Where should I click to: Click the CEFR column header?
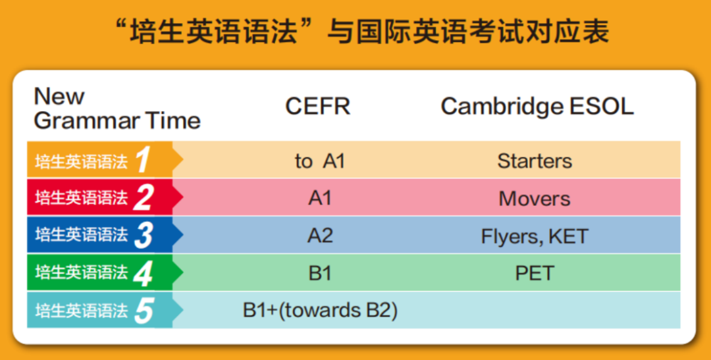click(318, 107)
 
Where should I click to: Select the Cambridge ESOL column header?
click(537, 107)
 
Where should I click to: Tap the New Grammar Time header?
click(117, 109)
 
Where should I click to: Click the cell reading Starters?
click(535, 161)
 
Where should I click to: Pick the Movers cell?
click(535, 199)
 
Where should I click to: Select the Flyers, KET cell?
click(535, 236)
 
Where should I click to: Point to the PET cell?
click(535, 273)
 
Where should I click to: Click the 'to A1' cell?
click(320, 161)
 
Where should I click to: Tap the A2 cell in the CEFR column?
click(320, 236)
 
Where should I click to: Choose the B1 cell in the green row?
click(320, 273)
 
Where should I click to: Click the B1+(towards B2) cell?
click(320, 311)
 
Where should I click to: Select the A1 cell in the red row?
click(320, 199)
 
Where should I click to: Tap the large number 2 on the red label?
click(144, 197)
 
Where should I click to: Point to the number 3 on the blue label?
click(144, 236)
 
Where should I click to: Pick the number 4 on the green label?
click(144, 273)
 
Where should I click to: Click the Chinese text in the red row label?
click(81, 198)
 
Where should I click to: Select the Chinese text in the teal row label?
click(81, 311)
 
